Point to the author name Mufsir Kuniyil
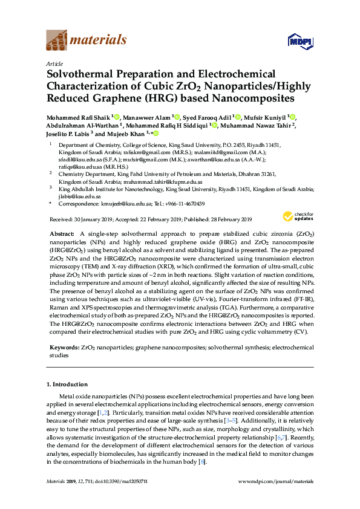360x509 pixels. [x=266, y=117]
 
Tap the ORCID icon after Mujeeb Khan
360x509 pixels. [x=156, y=134]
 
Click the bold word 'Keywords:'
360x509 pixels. [x=63, y=349]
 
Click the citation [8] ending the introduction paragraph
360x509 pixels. [x=201, y=462]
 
